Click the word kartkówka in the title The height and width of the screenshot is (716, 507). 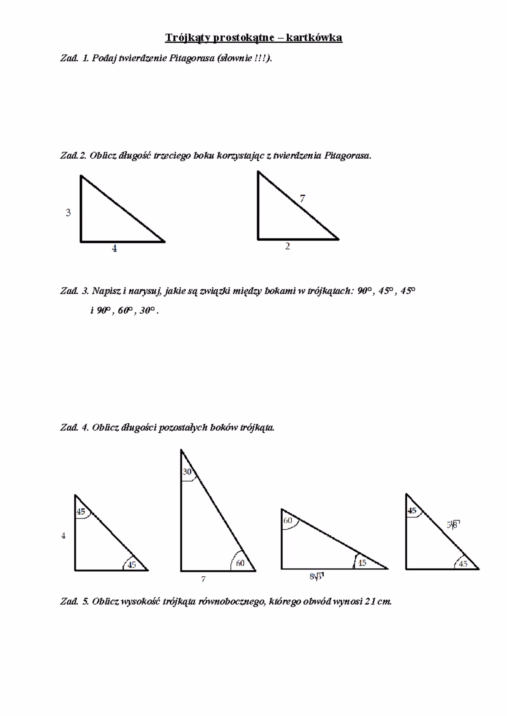(x=314, y=38)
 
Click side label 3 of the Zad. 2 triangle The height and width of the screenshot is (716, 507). (x=68, y=213)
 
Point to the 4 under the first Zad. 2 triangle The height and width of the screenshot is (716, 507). (x=114, y=249)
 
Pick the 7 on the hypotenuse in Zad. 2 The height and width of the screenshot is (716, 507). (x=303, y=198)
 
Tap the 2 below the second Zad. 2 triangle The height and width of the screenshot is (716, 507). (x=287, y=247)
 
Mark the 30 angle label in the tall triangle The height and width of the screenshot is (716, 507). (x=187, y=472)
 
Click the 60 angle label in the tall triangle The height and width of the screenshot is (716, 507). (x=240, y=563)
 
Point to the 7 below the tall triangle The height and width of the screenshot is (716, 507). (x=203, y=580)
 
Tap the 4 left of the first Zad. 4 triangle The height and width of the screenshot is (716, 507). (x=63, y=536)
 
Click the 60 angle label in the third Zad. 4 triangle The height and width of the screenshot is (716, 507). (x=288, y=521)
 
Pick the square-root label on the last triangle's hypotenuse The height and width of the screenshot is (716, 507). (x=453, y=525)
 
